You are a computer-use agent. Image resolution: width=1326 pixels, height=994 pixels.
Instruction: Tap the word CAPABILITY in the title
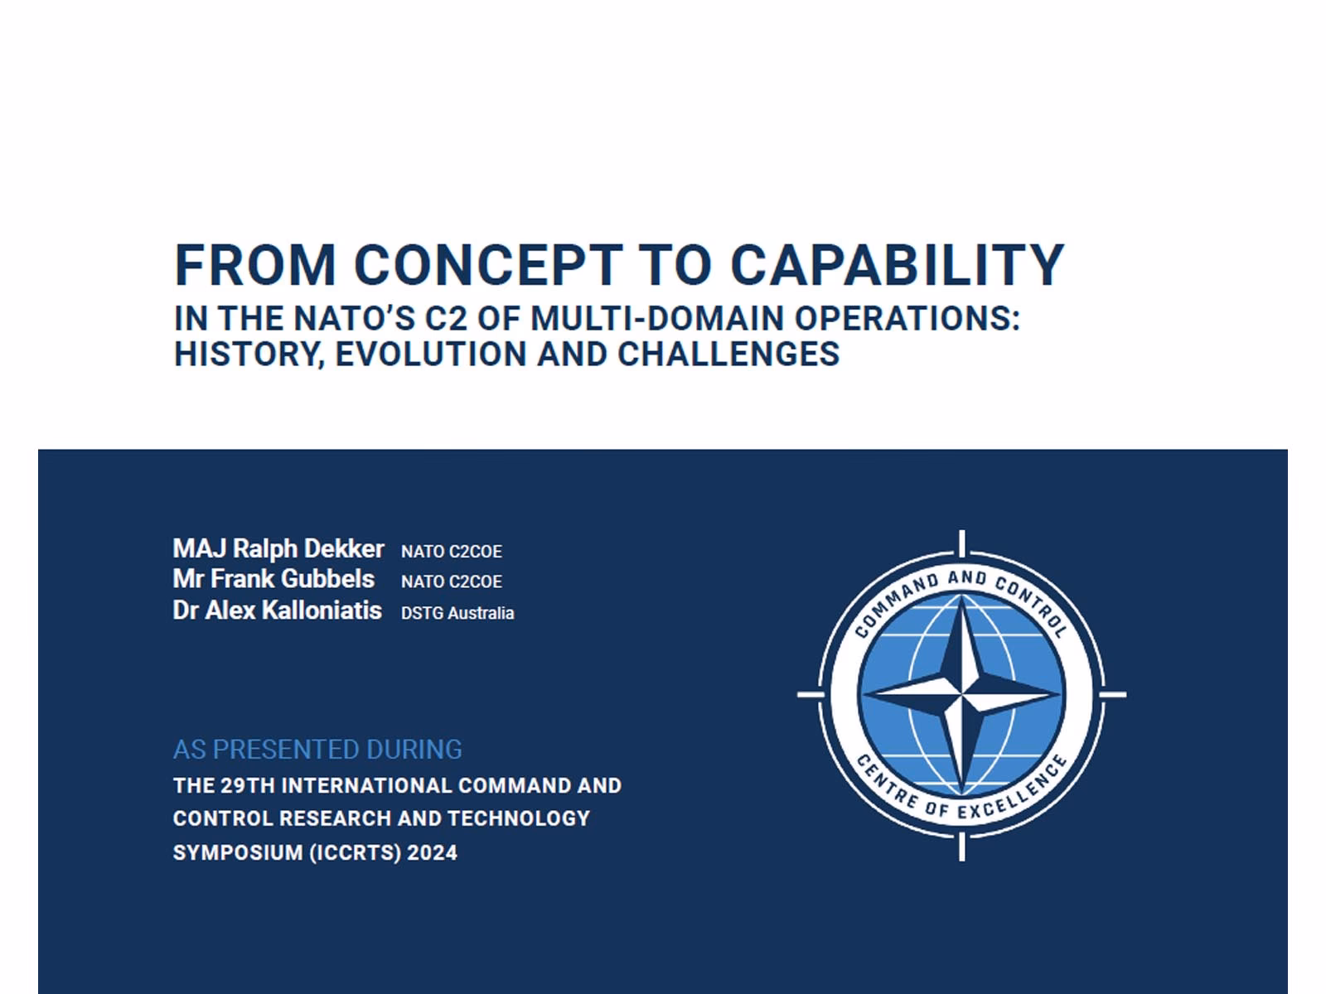point(897,265)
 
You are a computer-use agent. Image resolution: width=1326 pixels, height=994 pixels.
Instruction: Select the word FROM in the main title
point(254,265)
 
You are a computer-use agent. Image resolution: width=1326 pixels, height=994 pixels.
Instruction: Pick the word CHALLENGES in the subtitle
point(728,355)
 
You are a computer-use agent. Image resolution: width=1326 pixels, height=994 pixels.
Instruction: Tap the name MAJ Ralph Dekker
point(278,548)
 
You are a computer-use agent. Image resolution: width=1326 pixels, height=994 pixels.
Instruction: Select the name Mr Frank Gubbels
point(273,579)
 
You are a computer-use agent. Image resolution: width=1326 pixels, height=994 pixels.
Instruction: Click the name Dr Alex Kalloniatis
point(277,610)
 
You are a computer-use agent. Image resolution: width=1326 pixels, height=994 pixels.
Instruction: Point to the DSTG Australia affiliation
point(457,614)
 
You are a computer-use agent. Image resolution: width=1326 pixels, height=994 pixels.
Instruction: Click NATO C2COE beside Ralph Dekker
point(452,552)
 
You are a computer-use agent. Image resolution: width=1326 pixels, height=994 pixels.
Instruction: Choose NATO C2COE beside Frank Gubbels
point(452,582)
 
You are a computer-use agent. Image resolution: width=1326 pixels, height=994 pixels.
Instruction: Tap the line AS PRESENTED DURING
point(317,750)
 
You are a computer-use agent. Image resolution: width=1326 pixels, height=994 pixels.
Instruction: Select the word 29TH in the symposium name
point(248,786)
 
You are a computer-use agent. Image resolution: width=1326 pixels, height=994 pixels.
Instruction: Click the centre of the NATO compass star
point(961,694)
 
